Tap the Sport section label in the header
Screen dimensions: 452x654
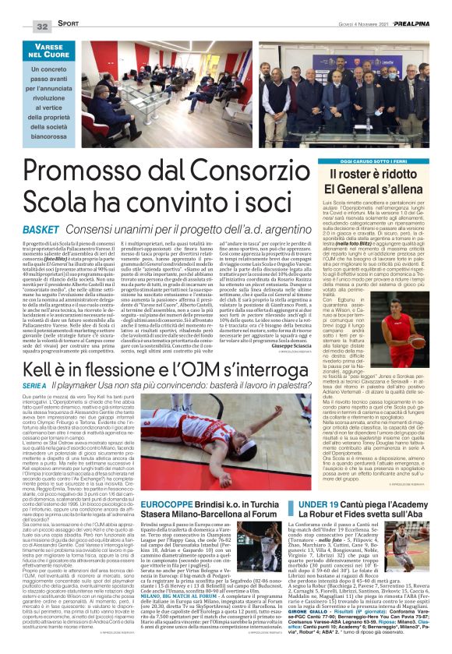(x=68, y=27)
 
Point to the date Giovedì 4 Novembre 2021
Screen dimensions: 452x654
(x=341, y=27)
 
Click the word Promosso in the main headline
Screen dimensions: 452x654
(x=92, y=167)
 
